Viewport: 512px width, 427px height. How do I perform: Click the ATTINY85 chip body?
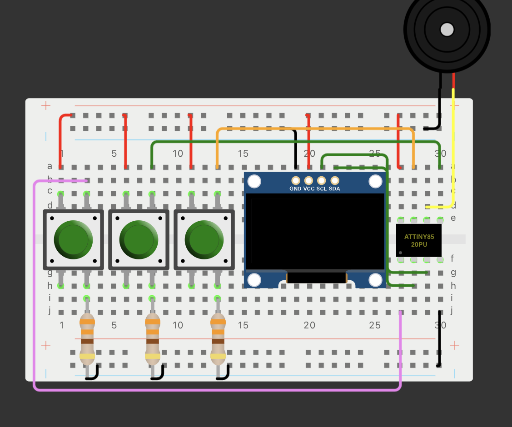pyautogui.click(x=418, y=240)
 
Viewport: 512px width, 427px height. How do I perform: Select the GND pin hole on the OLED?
pyautogui.click(x=296, y=180)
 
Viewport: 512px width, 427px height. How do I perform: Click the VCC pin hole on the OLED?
pyautogui.click(x=309, y=180)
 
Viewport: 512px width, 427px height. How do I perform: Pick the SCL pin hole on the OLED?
pyautogui.click(x=322, y=180)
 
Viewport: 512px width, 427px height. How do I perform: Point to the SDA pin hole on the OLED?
pyautogui.click(x=335, y=180)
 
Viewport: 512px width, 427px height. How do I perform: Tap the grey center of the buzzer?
pyautogui.click(x=447, y=30)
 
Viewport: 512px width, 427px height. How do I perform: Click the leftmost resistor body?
pyautogui.click(x=87, y=338)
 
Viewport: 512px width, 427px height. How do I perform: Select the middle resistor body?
pyautogui.click(x=153, y=338)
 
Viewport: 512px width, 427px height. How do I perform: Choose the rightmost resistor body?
pyautogui.click(x=218, y=338)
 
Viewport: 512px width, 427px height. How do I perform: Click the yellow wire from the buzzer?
pyautogui.click(x=453, y=150)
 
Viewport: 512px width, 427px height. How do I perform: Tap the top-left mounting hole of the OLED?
pyautogui.click(x=254, y=182)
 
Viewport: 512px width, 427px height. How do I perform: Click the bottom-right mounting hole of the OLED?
pyautogui.click(x=375, y=280)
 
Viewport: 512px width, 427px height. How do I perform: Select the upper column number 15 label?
pyautogui.click(x=243, y=154)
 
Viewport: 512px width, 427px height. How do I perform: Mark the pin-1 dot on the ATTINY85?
pyautogui.click(x=400, y=253)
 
